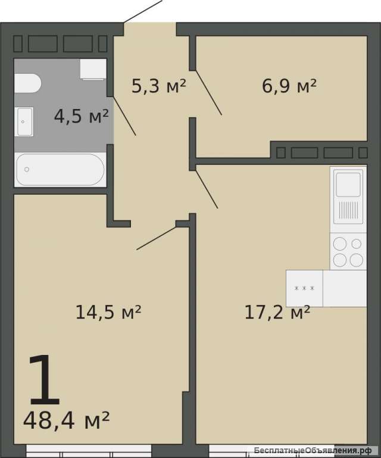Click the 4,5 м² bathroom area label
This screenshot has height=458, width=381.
(82, 116)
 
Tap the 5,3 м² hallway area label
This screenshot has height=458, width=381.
(159, 86)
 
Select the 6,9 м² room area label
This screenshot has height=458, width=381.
(289, 86)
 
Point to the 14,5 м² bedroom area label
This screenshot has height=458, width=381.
(108, 312)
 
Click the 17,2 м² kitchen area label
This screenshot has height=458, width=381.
(277, 312)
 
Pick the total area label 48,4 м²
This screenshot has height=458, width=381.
(66, 420)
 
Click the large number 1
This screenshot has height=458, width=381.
(45, 380)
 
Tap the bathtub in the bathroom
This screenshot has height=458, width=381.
(60, 169)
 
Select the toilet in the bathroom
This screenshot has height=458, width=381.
(27, 83)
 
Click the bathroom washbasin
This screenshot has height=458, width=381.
(24, 121)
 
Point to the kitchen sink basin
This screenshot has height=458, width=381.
(348, 185)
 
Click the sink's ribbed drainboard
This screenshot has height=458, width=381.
(348, 210)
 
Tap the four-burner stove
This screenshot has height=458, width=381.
(348, 251)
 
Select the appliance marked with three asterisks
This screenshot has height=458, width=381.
(305, 288)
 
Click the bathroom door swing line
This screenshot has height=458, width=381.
(124, 116)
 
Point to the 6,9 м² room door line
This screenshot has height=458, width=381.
(208, 92)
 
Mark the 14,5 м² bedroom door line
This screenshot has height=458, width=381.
(157, 238)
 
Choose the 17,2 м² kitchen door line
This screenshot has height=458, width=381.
(207, 189)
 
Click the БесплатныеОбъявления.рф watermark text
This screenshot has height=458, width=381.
(313, 450)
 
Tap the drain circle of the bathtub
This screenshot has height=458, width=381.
(27, 169)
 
